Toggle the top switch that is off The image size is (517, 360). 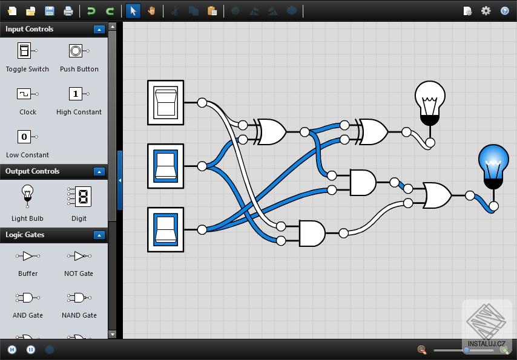pyautogui.click(x=165, y=102)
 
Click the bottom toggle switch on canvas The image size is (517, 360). pyautogui.click(x=165, y=229)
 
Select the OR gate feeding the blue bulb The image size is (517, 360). pyautogui.click(x=438, y=195)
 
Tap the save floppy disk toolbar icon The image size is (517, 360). pyautogui.click(x=50, y=11)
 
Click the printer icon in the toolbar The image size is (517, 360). pyautogui.click(x=68, y=11)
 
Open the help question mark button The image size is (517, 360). pyautogui.click(x=504, y=11)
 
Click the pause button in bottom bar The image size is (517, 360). pyautogui.click(x=31, y=350)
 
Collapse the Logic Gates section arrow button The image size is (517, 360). pyautogui.click(x=99, y=235)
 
